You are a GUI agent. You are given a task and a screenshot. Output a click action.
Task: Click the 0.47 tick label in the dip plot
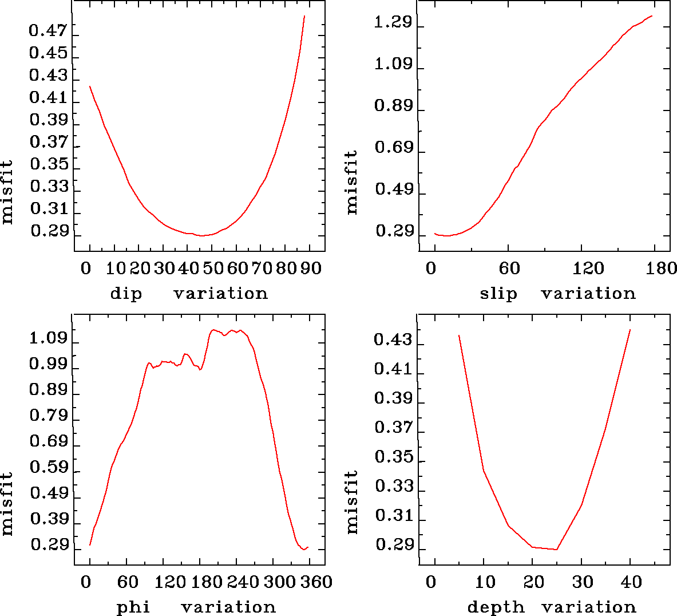click(48, 30)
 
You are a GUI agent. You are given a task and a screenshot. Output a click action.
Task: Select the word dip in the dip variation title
click(126, 294)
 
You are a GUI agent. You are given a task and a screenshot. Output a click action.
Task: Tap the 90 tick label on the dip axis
click(311, 268)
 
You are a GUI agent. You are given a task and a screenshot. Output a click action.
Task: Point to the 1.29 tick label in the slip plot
click(393, 23)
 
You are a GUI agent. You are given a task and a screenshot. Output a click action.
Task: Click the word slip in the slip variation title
click(498, 294)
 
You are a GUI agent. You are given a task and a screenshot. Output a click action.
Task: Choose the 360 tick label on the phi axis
click(317, 582)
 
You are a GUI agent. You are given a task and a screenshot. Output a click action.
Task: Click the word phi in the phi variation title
click(133, 607)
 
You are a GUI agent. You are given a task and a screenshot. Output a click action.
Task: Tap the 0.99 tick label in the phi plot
click(48, 364)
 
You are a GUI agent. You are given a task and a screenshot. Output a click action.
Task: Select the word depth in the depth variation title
click(496, 607)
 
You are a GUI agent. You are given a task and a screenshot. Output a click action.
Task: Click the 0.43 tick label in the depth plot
click(393, 340)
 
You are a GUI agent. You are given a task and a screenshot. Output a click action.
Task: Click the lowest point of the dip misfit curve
click(201, 235)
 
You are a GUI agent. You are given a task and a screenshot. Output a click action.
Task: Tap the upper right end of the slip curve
click(652, 16)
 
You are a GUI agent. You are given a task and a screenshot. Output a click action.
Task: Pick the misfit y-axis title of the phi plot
click(7, 504)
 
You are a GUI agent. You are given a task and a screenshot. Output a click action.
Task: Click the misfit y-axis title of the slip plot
click(351, 182)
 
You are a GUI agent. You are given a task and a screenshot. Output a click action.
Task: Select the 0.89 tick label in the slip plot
click(393, 106)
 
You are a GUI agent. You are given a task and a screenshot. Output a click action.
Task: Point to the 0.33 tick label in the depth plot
click(393, 487)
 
